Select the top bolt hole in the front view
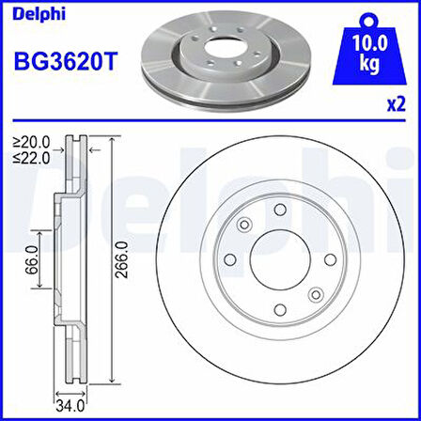278,215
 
